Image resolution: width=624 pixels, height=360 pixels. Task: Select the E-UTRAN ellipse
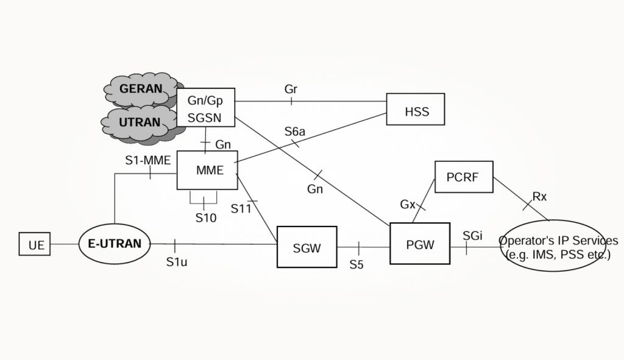click(115, 244)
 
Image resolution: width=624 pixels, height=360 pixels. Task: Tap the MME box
click(207, 170)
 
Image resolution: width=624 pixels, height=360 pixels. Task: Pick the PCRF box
click(464, 177)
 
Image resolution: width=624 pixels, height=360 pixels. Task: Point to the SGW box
click(307, 247)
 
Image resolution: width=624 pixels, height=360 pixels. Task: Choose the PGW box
click(420, 245)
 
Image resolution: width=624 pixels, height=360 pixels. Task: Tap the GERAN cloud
click(141, 89)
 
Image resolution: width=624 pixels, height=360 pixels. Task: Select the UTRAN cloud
click(139, 122)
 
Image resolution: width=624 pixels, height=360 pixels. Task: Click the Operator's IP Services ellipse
click(558, 247)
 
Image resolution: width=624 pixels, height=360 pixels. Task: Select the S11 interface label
click(241, 208)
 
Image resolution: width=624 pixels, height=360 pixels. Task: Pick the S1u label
click(177, 263)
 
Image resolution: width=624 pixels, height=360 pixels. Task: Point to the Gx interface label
click(408, 204)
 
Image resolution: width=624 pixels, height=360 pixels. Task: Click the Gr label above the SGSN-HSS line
click(291, 90)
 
